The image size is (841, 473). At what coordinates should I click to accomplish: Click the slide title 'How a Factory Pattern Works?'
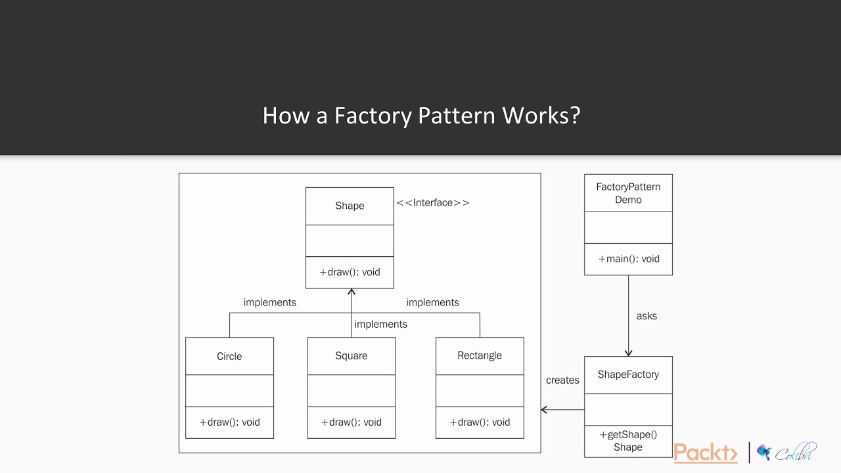point(421,115)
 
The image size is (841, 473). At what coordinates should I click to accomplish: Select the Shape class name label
point(350,206)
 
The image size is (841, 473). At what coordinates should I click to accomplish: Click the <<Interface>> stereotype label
point(432,202)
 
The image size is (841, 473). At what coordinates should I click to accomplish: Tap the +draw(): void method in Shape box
point(350,272)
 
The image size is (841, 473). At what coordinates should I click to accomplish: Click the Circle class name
point(229,356)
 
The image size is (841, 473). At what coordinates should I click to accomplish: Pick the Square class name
point(351,355)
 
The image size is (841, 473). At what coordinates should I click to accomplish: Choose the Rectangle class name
point(479,355)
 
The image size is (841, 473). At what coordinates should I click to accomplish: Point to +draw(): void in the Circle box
point(229,422)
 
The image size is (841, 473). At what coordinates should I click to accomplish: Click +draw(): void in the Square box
point(351,422)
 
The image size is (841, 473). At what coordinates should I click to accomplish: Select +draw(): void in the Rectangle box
point(479,422)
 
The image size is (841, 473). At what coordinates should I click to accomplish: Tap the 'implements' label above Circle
point(269,302)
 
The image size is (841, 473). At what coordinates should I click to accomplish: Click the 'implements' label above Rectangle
point(432,302)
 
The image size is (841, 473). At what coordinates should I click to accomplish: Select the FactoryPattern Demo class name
point(628,193)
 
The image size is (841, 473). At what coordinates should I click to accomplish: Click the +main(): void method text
point(628,259)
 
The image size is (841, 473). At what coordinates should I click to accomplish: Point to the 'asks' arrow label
point(647,316)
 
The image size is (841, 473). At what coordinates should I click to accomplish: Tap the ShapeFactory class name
point(628,374)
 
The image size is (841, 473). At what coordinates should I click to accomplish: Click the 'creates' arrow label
point(562,380)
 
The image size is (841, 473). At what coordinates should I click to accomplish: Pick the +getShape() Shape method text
point(628,441)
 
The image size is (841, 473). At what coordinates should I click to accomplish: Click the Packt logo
point(706,453)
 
